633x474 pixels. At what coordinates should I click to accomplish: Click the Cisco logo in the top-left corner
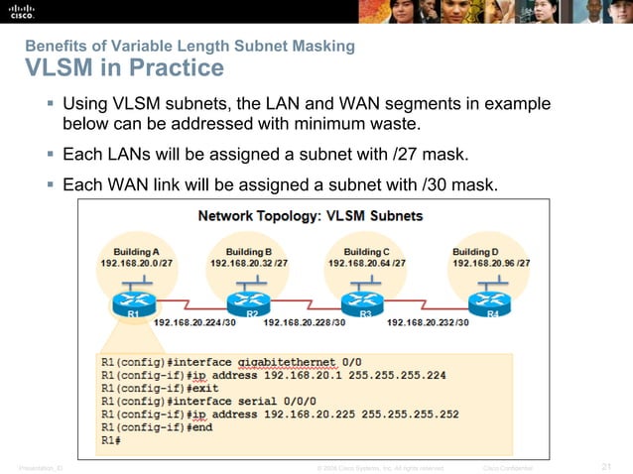[22, 13]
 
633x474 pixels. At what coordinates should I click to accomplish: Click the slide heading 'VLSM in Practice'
[124, 68]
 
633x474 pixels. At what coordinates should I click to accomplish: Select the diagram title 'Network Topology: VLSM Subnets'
[311, 215]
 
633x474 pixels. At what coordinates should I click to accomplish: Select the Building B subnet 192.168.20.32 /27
[249, 264]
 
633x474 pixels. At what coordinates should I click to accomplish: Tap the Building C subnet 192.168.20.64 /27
[367, 264]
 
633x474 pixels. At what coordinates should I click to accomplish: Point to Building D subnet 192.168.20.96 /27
[491, 264]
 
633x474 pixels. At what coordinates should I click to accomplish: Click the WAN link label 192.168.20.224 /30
[194, 322]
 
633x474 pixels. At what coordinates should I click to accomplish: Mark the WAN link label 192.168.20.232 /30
[428, 322]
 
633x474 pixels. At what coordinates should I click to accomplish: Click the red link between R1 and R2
[189, 300]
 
